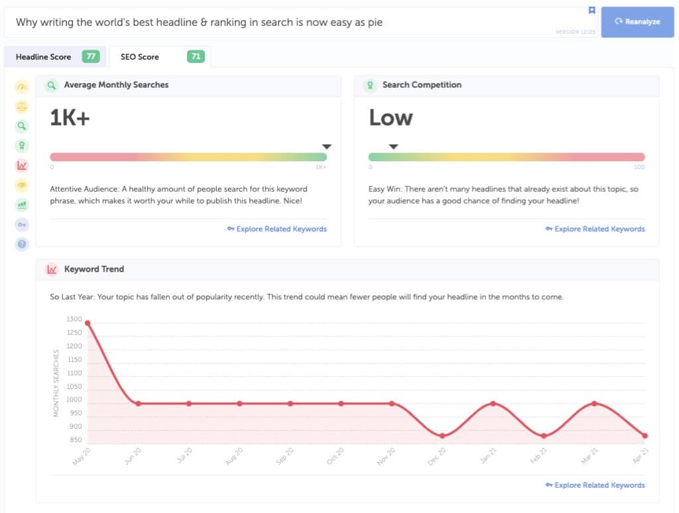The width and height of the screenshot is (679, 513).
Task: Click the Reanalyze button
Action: coord(637,22)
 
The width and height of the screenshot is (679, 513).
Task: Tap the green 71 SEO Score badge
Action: coord(196,57)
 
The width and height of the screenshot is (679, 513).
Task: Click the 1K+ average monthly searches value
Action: coord(70,118)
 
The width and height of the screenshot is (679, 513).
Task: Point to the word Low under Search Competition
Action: coord(391,118)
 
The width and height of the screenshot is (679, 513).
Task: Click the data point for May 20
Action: coord(88,323)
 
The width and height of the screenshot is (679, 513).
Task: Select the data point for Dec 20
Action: coord(442,436)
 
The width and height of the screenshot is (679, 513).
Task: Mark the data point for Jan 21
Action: coord(493,403)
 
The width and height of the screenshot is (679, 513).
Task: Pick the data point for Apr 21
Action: coord(645,436)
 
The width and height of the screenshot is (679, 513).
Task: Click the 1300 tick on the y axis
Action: coord(74,319)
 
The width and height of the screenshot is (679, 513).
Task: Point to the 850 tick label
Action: coord(76,440)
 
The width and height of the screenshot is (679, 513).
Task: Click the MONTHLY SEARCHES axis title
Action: coord(56,384)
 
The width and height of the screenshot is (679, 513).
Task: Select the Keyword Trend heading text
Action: coord(93,269)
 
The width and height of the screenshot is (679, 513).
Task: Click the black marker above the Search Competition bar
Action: coord(393,147)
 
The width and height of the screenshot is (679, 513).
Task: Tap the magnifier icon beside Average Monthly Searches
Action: coord(51,85)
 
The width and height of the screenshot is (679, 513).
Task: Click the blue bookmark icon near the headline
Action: coord(591,11)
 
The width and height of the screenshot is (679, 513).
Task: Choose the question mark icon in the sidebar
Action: coord(22,244)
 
